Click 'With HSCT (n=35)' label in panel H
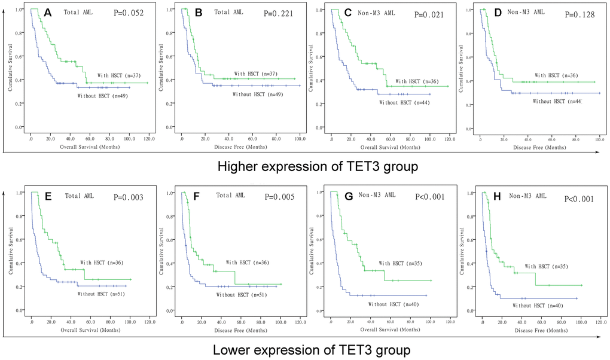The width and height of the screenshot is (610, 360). (x=550, y=266)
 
